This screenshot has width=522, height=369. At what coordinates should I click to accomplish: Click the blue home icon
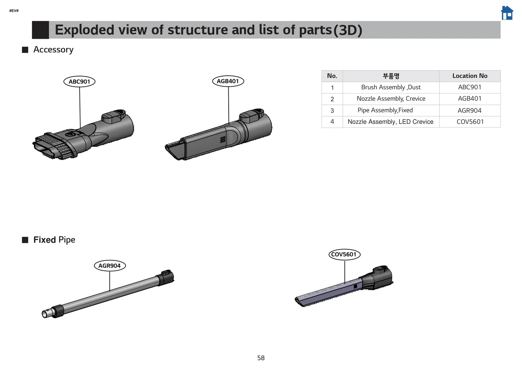click(507, 13)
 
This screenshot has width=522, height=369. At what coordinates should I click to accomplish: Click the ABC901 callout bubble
click(79, 82)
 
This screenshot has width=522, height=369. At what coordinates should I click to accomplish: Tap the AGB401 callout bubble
click(228, 81)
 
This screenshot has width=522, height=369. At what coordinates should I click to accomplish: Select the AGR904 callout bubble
click(110, 266)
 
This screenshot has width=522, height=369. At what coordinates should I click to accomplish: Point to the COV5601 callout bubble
click(344, 254)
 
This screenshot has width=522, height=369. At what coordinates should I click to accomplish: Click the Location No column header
click(469, 76)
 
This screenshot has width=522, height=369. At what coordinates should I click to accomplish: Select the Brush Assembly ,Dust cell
click(391, 87)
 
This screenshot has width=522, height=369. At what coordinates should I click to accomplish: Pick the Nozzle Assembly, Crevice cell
click(391, 99)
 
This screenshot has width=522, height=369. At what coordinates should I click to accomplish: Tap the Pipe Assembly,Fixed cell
click(385, 110)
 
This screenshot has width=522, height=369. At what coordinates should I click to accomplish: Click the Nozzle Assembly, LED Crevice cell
click(390, 122)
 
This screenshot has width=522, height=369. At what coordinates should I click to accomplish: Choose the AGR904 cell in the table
click(469, 111)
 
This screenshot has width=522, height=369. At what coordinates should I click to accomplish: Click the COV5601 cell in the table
click(470, 122)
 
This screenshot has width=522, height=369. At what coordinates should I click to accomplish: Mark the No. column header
click(332, 76)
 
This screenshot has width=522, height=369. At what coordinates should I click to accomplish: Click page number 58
click(261, 358)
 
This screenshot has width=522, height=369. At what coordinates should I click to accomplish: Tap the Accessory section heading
click(53, 50)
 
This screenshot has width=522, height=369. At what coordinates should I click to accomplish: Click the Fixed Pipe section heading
click(54, 240)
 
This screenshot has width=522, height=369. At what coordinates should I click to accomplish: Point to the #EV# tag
click(14, 11)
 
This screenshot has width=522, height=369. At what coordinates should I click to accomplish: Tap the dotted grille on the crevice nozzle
click(223, 139)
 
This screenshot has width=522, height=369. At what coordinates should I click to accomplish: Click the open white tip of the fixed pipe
click(44, 314)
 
